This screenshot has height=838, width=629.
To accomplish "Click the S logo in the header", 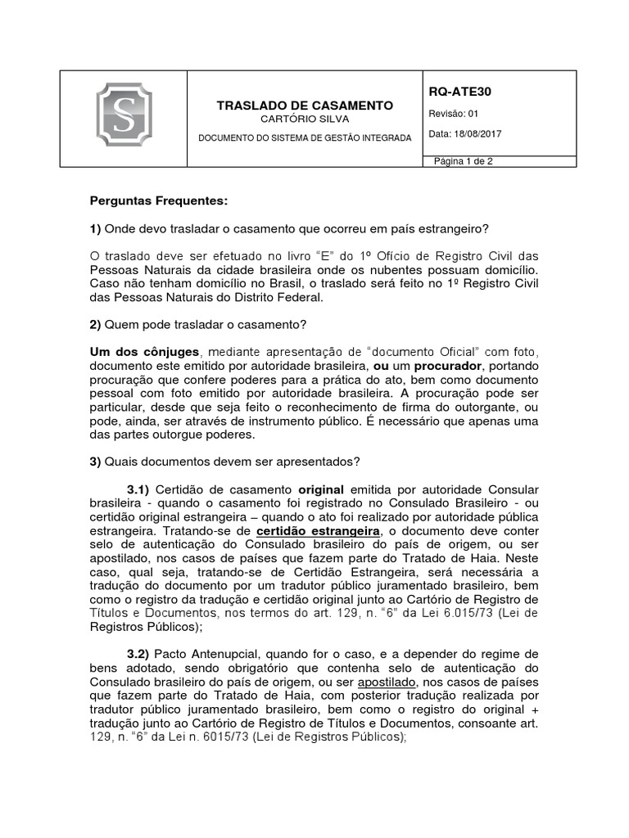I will point(124,119).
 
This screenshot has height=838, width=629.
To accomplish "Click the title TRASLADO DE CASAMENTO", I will point(305,106).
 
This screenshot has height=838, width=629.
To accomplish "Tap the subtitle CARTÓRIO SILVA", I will point(305,119).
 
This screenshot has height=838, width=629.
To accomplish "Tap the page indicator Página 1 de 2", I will point(464,161).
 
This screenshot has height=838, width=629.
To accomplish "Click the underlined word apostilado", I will point(384,682).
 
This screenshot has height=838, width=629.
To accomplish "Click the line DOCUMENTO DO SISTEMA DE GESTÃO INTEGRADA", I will point(305,138).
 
